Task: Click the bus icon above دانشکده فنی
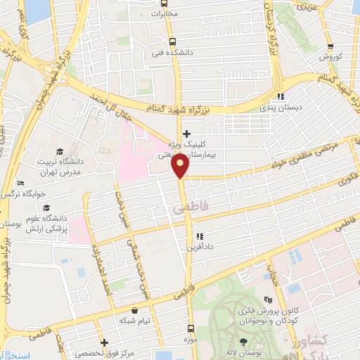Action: pyautogui.click(x=173, y=41)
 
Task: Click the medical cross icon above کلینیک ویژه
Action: pyautogui.click(x=186, y=134)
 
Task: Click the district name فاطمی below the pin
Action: pyautogui.click(x=180, y=210)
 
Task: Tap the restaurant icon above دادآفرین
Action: pyautogui.click(x=200, y=237)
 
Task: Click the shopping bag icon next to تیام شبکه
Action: pyautogui.click(x=134, y=310)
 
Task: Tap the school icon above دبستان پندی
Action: pyautogui.click(x=281, y=96)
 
